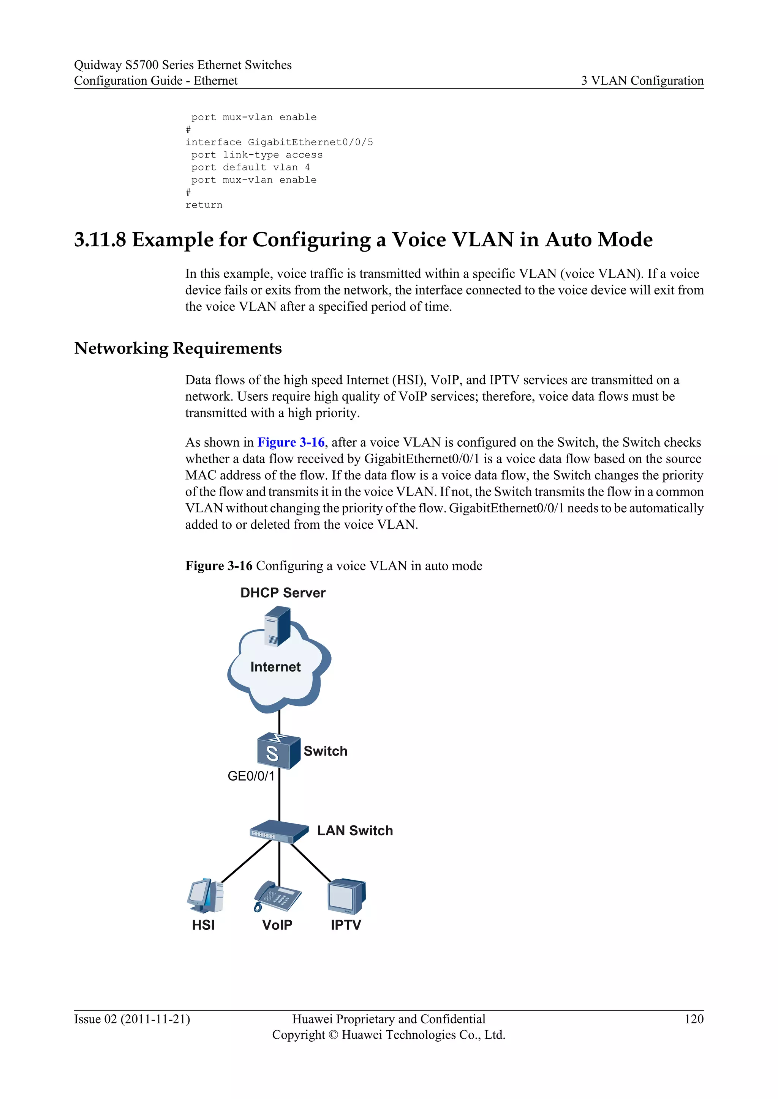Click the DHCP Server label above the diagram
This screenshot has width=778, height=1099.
283,593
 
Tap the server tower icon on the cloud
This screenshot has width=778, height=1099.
277,626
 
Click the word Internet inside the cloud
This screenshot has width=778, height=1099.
275,667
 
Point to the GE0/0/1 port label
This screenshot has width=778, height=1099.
251,776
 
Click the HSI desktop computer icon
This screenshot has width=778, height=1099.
205,896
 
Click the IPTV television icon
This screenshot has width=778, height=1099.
346,896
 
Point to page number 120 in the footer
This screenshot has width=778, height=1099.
694,1019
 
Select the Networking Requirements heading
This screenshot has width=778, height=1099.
178,348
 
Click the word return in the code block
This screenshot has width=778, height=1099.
204,205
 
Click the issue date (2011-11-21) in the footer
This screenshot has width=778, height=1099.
155,1019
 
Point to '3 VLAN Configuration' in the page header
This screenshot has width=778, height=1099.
642,80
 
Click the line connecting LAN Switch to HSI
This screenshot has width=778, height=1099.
246,861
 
